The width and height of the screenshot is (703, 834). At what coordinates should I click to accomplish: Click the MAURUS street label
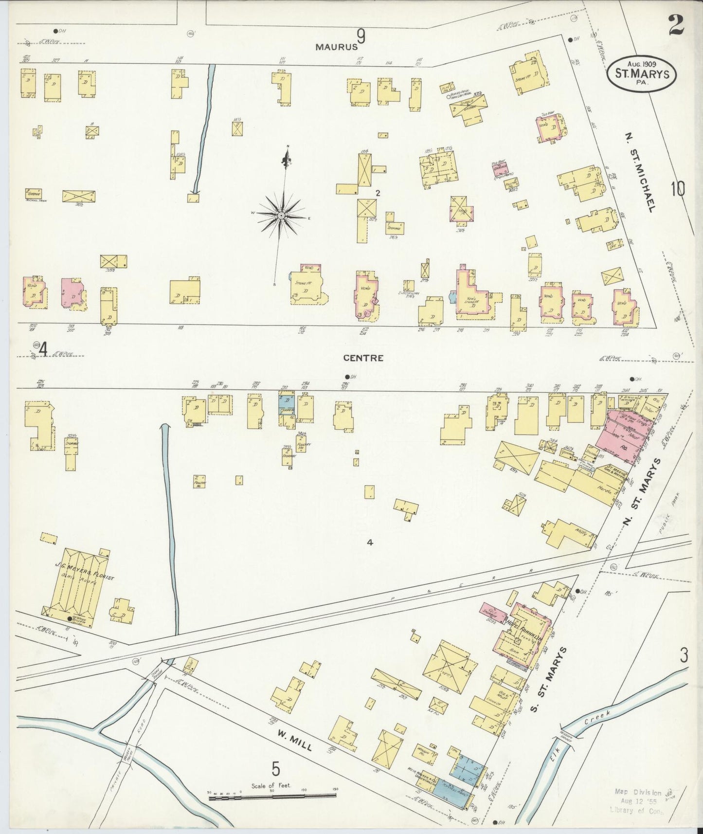(336, 47)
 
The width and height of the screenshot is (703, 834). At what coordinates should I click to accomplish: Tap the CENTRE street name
(363, 358)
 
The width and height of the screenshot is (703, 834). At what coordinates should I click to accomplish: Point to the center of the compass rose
(282, 215)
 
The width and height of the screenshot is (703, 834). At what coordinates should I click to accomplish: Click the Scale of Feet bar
(272, 796)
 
